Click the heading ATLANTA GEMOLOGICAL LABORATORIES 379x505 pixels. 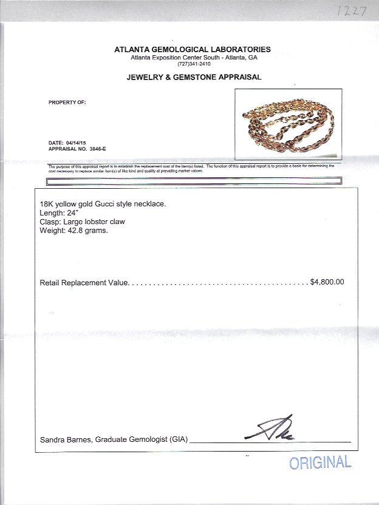193,50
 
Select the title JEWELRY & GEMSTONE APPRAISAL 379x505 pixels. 194,78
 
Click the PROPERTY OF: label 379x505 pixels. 67,103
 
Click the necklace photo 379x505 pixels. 288,125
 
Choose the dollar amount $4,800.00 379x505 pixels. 327,282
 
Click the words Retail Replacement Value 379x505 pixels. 84,282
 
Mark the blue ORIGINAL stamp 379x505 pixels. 320,463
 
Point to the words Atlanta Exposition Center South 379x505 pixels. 174,58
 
